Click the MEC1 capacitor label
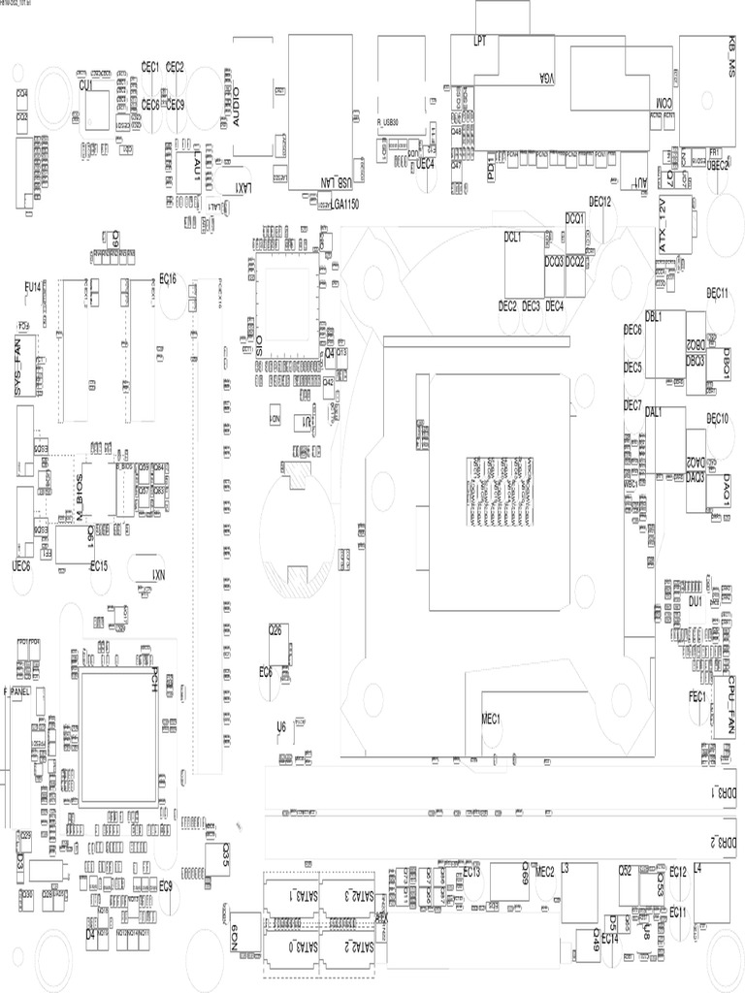pos(490,719)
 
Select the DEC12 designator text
pos(599,202)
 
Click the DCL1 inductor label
pos(513,236)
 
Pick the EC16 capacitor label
pos(167,278)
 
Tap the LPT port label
pos(478,42)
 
